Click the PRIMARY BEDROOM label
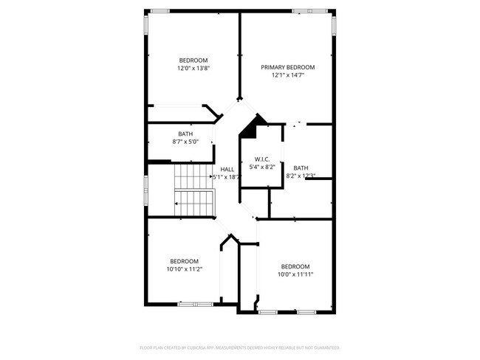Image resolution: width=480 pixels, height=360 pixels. [x=287, y=66]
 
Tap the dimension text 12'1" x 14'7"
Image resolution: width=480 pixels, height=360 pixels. [x=287, y=75]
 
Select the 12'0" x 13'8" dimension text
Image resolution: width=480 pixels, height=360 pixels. [x=193, y=69]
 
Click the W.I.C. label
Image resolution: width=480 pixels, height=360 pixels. [x=261, y=159]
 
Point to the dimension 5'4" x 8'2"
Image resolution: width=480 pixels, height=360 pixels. [x=261, y=167]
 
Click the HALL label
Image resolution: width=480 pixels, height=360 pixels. [x=227, y=169]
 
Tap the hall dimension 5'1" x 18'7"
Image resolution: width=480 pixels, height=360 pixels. [x=227, y=177]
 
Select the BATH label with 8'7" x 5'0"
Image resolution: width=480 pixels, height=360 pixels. [x=185, y=134]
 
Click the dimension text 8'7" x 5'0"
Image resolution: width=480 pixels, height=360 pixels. [x=185, y=142]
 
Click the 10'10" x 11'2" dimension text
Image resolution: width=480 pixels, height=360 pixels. [x=184, y=269]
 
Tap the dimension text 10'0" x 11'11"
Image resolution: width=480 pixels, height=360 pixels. [x=295, y=274]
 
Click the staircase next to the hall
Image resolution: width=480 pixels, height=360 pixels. [x=193, y=187]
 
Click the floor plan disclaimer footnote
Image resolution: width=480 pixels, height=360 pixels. [x=239, y=347]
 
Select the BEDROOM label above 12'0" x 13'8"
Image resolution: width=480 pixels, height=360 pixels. [x=193, y=60]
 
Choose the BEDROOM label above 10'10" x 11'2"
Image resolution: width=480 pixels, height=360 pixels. [x=184, y=260]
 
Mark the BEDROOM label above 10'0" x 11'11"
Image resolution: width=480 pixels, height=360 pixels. [x=295, y=266]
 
